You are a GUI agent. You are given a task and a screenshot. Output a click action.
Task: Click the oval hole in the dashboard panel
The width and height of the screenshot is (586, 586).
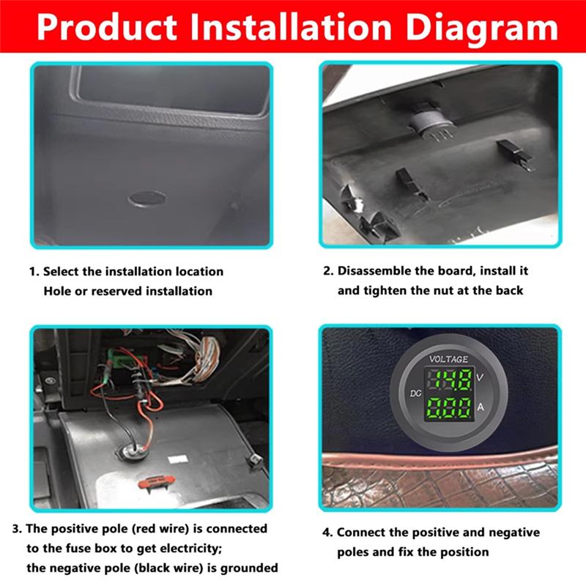point(146,198)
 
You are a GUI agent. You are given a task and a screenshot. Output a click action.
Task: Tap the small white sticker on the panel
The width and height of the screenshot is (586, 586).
point(177,460)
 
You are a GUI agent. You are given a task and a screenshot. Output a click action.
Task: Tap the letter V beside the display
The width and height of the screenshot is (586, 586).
point(479,377)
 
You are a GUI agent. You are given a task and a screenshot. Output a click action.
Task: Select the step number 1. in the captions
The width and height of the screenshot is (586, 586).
point(34,272)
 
